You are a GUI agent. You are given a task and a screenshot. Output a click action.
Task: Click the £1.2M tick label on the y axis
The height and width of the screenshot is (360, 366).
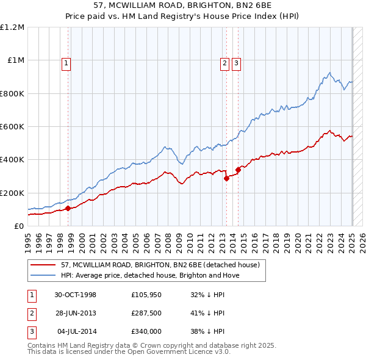coord(12,27)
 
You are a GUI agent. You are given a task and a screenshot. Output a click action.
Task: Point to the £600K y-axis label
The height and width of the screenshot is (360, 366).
coord(12,126)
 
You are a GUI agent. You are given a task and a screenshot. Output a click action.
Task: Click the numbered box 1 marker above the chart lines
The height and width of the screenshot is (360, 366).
coord(65,62)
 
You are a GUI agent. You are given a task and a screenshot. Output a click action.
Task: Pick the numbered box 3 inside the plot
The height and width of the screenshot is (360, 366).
coord(236,62)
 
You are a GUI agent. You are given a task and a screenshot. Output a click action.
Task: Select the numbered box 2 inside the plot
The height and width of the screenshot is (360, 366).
coord(224,62)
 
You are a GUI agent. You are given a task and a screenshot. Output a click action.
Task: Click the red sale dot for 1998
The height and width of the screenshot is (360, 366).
coord(68,208)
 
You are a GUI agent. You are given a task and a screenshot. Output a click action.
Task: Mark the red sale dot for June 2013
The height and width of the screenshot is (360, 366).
coord(227,178)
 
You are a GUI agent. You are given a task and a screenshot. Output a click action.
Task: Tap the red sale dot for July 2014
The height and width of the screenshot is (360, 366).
coord(238,170)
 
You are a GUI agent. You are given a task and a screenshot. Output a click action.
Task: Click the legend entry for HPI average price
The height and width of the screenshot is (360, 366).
coord(150,275)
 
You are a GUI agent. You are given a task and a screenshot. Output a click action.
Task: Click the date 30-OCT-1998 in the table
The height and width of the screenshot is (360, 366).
coord(75,294)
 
